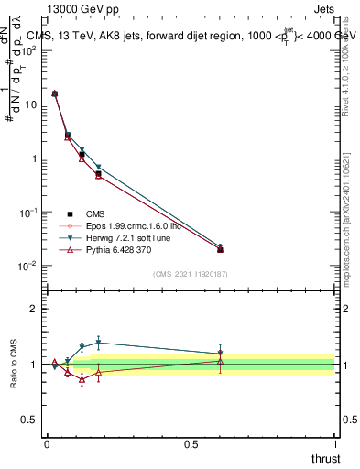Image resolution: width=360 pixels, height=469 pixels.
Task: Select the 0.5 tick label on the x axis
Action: (x=191, y=443)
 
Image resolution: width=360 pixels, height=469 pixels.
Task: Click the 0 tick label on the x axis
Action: (x=47, y=443)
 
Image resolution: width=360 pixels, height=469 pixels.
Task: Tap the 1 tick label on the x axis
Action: (x=335, y=443)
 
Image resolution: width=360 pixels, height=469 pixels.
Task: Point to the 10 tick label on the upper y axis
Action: (x=29, y=104)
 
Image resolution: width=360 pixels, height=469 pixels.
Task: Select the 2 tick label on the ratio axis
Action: (x=34, y=310)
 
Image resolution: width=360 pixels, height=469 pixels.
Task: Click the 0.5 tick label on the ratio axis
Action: (x=30, y=420)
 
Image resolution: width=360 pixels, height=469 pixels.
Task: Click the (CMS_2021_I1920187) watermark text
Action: (x=191, y=274)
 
